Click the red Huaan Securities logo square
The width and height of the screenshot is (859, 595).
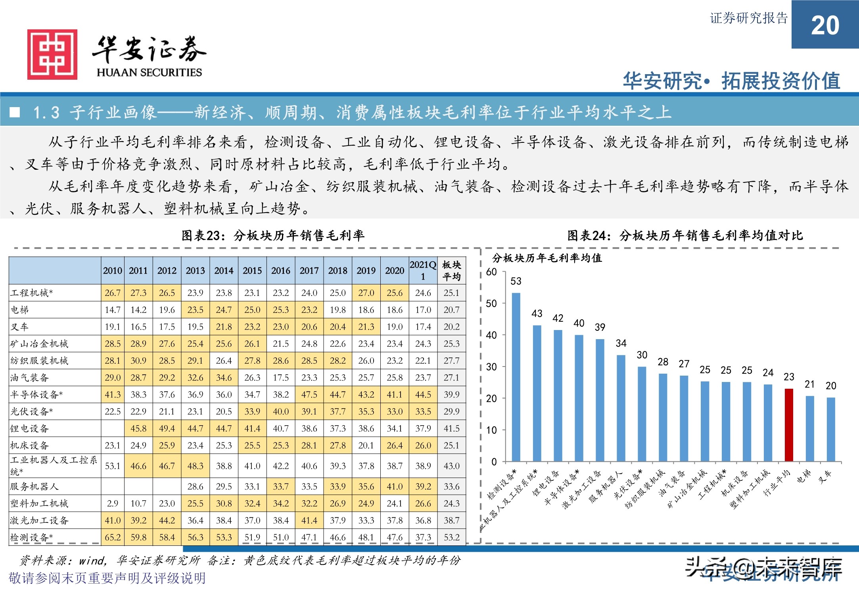tap(52, 54)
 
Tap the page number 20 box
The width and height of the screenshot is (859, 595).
tap(825, 25)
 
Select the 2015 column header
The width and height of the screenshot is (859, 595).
tap(252, 271)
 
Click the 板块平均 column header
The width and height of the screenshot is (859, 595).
tap(452, 271)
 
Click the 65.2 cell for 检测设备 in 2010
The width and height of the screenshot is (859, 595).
tap(113, 537)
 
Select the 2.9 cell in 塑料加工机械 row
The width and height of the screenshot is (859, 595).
tap(113, 503)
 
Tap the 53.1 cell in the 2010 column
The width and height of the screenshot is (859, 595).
tap(113, 466)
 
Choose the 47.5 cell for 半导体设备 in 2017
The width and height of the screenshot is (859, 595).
tap(309, 395)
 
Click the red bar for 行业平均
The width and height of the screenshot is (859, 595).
tap(789, 425)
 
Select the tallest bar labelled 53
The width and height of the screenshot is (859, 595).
tap(516, 377)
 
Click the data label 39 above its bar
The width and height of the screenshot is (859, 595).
tap(600, 327)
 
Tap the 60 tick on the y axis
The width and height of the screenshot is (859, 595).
tap(491, 272)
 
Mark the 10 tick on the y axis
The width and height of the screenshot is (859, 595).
tap(491, 430)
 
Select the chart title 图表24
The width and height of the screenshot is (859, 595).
tap(685, 236)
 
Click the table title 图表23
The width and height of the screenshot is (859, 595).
tap(273, 236)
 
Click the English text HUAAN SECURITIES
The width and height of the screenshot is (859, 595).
tap(149, 73)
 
